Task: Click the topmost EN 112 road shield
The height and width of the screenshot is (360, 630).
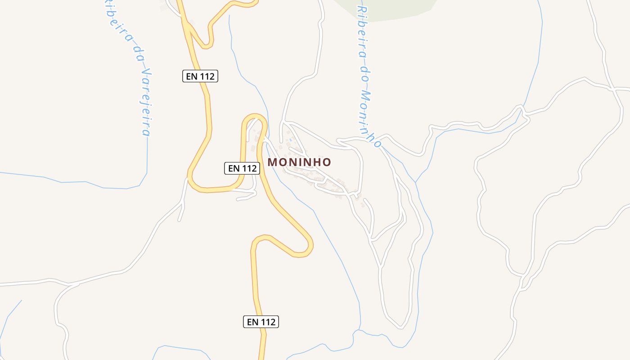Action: (200, 76)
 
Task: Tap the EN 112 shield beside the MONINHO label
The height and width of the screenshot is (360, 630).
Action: (243, 168)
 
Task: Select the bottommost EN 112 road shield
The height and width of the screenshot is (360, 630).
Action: (261, 322)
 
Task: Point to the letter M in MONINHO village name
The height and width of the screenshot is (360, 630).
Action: (272, 162)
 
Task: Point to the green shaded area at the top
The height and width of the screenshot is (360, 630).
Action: (387, 9)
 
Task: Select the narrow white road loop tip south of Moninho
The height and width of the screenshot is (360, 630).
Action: (400, 326)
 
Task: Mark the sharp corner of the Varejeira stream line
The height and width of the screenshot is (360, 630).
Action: (147, 173)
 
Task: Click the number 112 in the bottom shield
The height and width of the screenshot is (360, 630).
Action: (267, 322)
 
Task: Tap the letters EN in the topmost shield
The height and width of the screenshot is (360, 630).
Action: (192, 76)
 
